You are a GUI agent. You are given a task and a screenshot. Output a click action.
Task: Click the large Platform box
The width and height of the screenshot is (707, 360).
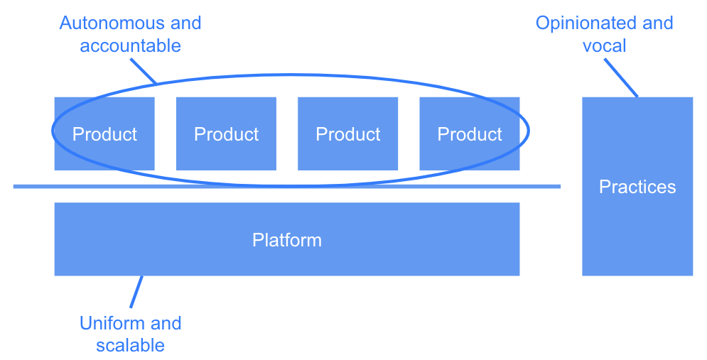click(x=287, y=239)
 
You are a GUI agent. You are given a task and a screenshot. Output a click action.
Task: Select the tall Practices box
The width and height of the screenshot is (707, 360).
click(x=637, y=186)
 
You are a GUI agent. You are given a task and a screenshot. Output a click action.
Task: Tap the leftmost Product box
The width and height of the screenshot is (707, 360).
click(x=104, y=133)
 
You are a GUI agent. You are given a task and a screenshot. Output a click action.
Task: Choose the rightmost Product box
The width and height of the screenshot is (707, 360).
click(x=470, y=133)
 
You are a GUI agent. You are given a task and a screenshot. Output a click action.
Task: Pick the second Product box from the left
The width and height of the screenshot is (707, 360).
click(x=226, y=133)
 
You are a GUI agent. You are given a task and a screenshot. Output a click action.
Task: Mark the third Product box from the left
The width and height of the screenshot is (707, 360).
click(x=347, y=133)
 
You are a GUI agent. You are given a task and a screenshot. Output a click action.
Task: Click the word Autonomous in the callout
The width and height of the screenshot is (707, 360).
click(x=112, y=23)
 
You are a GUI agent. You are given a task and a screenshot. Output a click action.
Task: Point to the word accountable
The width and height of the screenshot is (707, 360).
click(x=130, y=45)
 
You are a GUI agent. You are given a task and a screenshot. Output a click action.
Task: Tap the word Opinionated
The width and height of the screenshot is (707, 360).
click(x=586, y=23)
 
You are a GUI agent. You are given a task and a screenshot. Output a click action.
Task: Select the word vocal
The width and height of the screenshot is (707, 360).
click(x=604, y=45)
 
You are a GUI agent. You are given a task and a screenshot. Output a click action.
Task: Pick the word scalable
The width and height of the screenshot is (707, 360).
click(x=130, y=345)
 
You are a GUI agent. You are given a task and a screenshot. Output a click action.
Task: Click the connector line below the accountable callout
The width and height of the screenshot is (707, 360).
click(x=144, y=71)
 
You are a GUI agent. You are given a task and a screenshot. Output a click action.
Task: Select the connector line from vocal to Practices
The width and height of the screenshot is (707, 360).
click(x=621, y=77)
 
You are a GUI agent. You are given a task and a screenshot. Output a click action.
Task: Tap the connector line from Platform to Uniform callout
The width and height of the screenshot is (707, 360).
click(x=136, y=292)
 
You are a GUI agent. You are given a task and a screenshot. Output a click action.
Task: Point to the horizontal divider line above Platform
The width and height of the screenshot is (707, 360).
click(x=287, y=186)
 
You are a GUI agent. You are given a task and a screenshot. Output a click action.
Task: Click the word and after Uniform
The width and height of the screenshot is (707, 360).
click(x=166, y=323)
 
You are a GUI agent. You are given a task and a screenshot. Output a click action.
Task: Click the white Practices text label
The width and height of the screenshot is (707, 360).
click(x=637, y=187)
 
